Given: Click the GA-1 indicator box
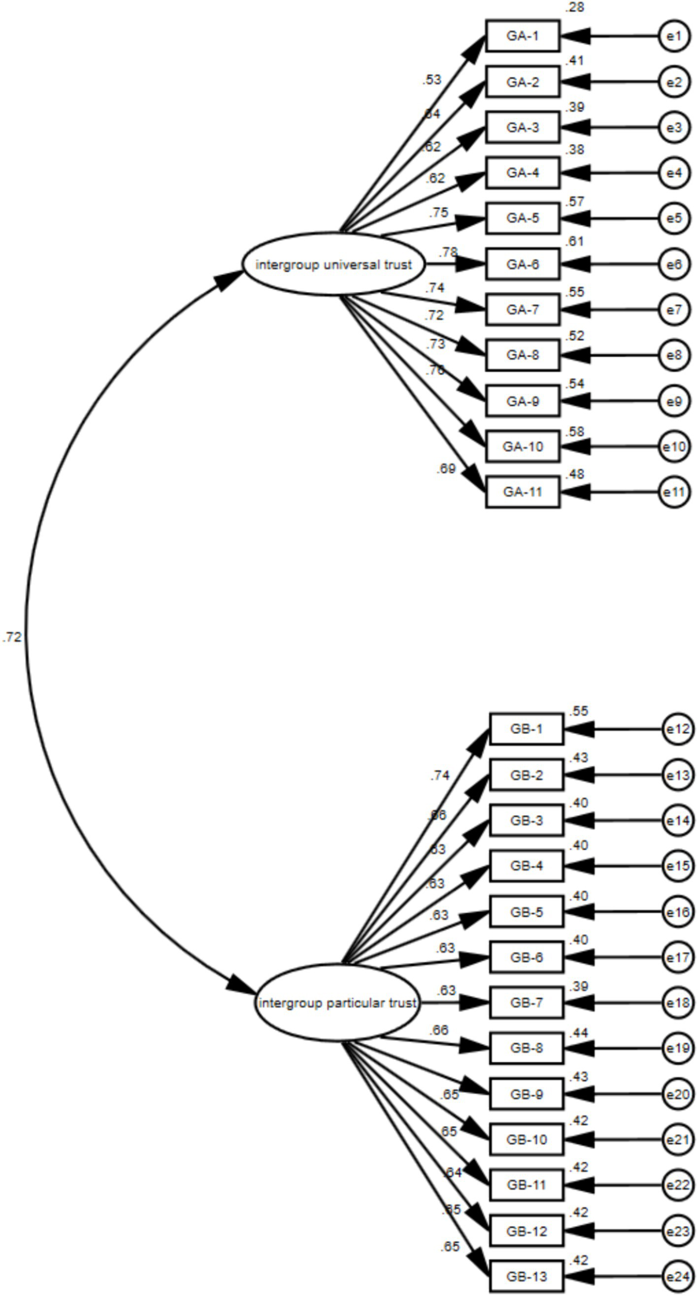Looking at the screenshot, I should pyautogui.click(x=522, y=36).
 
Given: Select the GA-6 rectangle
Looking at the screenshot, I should pyautogui.click(x=522, y=264).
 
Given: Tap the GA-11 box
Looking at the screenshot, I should pyautogui.click(x=522, y=492).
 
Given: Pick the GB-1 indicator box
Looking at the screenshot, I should pyautogui.click(x=526, y=729).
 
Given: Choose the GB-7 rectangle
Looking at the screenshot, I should pyautogui.click(x=526, y=1003).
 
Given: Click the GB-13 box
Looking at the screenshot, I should pyautogui.click(x=526, y=1276).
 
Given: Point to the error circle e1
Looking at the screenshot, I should pyautogui.click(x=674, y=36).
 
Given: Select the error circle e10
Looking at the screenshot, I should pyautogui.click(x=674, y=446).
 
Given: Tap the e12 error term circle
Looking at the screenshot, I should pyautogui.click(x=678, y=729).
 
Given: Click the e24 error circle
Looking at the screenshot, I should pyautogui.click(x=678, y=1276).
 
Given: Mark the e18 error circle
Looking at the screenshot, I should pyautogui.click(x=678, y=1003).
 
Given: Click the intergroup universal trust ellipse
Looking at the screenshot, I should pyautogui.click(x=333, y=264).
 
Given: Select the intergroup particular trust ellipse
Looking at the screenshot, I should pyautogui.click(x=337, y=1003).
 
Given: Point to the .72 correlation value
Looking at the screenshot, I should pyautogui.click(x=12, y=637).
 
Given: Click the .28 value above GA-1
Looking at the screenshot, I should pyautogui.click(x=575, y=8).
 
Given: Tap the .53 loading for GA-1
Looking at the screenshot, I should pyautogui.click(x=431, y=79).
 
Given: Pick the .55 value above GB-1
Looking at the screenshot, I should pyautogui.click(x=578, y=711).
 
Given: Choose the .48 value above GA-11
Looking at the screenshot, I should pyautogui.click(x=575, y=474).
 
